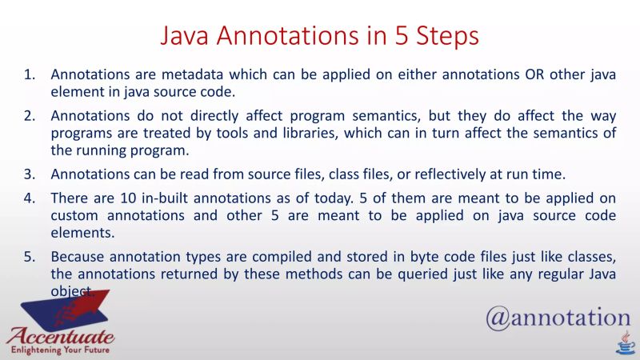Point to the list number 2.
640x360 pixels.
(29, 115)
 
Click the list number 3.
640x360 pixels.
(29, 174)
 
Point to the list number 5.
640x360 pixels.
(29, 257)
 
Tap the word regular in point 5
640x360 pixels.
(538, 274)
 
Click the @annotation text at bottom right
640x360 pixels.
(558, 318)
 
